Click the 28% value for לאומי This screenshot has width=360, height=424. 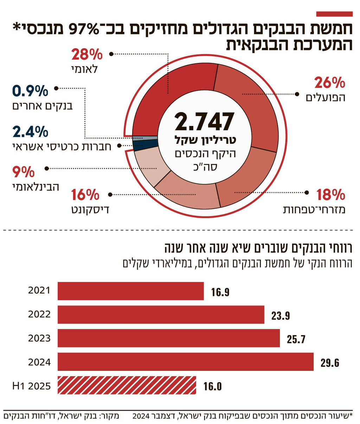click(87, 55)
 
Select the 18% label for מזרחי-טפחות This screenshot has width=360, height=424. click(330, 195)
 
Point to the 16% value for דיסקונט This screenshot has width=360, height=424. click(85, 195)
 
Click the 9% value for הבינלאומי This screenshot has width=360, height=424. click(24, 172)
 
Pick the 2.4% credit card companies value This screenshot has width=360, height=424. click(30, 132)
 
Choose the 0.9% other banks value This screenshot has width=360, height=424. click(30, 91)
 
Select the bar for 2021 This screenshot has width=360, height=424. click(130, 291)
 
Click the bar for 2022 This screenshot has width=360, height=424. click(161, 315)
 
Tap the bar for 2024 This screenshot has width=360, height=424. click(185, 362)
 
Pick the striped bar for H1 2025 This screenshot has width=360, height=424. click(127, 385)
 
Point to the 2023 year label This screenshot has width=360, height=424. click(39, 338)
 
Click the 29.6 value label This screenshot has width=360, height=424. click(330, 363)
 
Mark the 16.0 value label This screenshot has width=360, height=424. click(212, 386)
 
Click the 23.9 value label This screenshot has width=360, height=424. click(281, 316)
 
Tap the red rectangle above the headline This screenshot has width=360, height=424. click(334, 14)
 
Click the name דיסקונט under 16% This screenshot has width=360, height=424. click(90, 210)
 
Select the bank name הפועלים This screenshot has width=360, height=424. click(326, 97)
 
